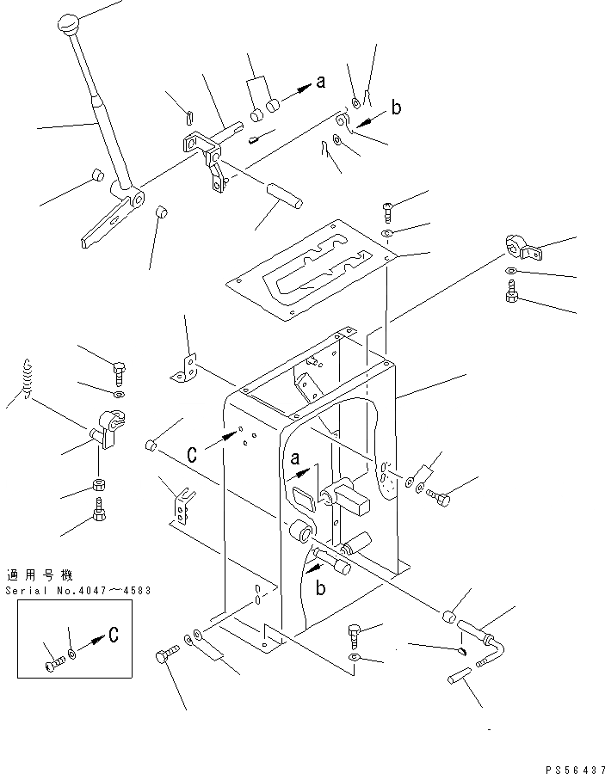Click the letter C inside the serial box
point(112,636)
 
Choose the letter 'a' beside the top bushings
point(320,83)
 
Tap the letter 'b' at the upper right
point(396,107)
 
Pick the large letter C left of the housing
point(193,454)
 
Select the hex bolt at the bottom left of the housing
point(164,658)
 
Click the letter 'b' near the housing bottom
point(320,587)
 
